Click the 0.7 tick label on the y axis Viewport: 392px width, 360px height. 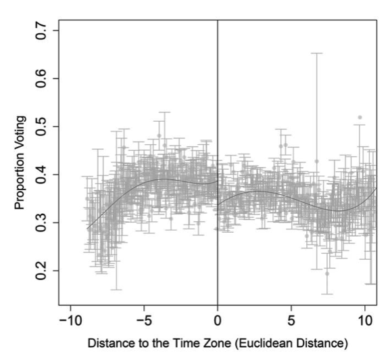tap(41, 30)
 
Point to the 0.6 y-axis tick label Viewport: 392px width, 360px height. tap(41, 78)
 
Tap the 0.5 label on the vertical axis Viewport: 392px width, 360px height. tap(41, 127)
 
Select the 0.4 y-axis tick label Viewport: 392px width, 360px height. tap(41, 175)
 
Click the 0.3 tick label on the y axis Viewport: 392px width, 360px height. tap(41, 223)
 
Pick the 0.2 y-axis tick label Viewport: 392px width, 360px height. tap(41, 271)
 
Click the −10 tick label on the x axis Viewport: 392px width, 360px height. tap(70, 321)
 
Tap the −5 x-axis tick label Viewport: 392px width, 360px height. tap(144, 321)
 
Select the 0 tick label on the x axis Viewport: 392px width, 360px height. tap(218, 321)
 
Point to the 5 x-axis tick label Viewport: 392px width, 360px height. tap(291, 321)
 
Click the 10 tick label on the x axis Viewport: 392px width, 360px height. tap(365, 321)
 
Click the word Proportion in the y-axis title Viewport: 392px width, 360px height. tap(20, 183)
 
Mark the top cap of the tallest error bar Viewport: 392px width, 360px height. tap(316, 53)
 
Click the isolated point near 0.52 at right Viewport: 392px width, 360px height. tap(360, 118)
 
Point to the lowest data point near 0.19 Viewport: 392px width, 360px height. tap(327, 273)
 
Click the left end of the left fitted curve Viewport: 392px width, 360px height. tap(87, 229)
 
